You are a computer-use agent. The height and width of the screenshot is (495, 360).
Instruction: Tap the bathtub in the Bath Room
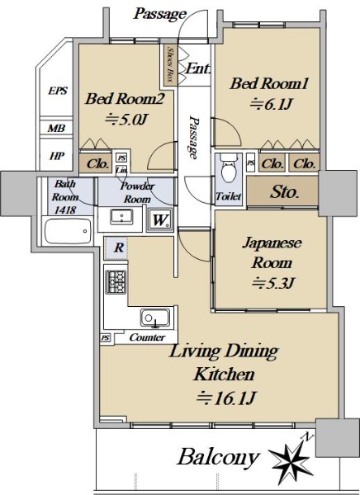68,231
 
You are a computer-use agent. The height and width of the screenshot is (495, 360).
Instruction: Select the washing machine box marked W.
160,219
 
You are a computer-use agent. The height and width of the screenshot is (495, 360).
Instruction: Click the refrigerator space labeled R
116,247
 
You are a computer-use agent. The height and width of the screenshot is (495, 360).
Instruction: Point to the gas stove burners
116,282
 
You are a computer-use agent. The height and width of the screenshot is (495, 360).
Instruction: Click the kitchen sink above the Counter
155,318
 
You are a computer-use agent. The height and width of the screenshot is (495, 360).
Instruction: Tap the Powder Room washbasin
121,217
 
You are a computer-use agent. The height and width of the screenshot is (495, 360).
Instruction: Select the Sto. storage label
284,191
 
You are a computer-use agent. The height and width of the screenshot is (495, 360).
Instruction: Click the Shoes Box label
170,64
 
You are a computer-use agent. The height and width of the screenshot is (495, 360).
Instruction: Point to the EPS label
58,91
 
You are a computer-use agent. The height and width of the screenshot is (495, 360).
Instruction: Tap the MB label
57,128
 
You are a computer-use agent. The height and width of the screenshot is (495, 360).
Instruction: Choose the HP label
57,156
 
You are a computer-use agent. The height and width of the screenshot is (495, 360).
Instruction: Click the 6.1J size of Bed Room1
271,104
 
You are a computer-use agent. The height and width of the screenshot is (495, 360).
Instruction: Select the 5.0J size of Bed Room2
126,120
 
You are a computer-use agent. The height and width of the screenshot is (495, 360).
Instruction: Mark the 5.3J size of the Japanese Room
273,283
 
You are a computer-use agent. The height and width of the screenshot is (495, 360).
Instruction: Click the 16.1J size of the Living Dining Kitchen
225,398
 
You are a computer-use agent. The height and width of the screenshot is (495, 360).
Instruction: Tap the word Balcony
218,458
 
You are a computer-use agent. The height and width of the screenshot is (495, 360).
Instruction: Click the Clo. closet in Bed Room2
98,163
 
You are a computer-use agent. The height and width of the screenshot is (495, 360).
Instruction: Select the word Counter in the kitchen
147,337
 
